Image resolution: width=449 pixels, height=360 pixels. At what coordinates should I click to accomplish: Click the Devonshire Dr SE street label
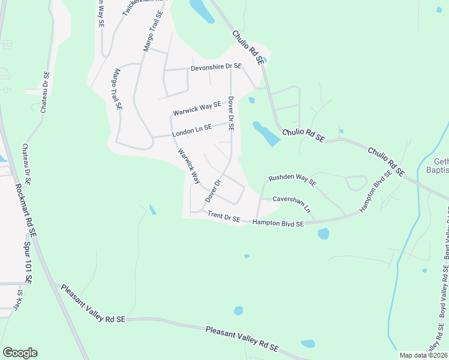click(216, 67)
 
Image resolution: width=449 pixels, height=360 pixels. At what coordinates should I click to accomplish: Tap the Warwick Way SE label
click(197, 109)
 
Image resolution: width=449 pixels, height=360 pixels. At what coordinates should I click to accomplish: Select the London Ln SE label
click(191, 128)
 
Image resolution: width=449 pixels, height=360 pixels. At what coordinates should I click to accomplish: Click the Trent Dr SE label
click(223, 217)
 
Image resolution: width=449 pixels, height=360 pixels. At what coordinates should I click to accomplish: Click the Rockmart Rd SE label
click(25, 210)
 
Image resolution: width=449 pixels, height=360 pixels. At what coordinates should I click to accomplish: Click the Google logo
click(20, 353)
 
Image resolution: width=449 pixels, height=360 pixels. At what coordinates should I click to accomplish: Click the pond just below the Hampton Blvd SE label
click(324, 233)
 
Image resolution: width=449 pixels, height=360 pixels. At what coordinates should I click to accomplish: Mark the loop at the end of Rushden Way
click(357, 183)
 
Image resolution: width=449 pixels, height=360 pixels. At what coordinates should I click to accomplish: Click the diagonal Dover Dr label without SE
click(213, 190)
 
